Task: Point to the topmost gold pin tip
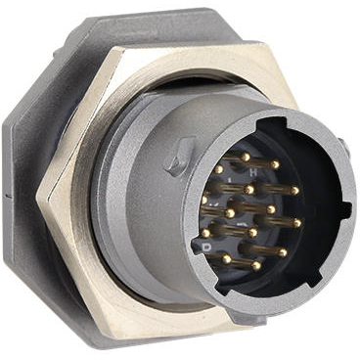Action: coord(246,157)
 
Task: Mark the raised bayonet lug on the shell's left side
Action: coord(180,155)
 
